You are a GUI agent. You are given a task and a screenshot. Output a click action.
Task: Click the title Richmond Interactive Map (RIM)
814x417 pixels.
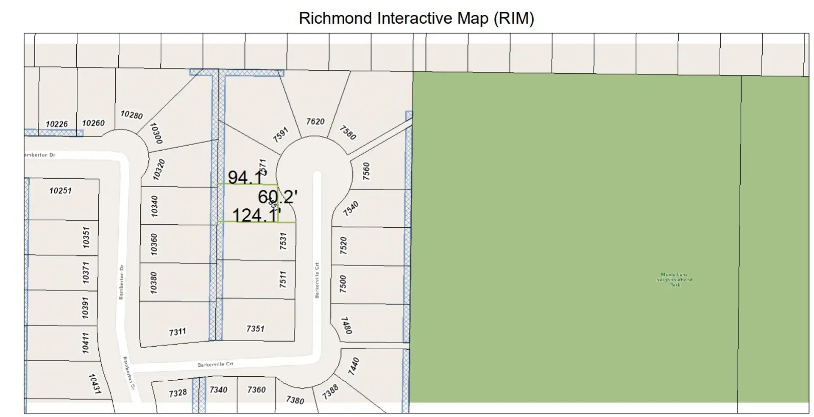click(416, 18)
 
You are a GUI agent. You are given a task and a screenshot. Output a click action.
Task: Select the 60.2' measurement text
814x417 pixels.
click(278, 197)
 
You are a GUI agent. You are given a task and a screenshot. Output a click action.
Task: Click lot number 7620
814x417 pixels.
click(315, 122)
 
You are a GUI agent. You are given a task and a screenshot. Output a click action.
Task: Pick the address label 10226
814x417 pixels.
click(57, 124)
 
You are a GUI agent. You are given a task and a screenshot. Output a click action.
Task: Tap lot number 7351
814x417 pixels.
click(255, 329)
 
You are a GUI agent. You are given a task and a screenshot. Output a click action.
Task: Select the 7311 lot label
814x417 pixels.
click(178, 332)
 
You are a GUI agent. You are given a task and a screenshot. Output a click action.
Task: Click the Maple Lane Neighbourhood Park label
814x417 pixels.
click(675, 280)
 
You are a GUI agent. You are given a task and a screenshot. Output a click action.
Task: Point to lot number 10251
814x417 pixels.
click(61, 191)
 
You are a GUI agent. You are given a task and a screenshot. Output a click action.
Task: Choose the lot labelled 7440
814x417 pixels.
click(354, 366)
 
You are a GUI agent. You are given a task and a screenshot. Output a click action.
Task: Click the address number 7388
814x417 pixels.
click(330, 392)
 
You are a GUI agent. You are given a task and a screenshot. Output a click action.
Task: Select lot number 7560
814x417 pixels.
click(366, 171)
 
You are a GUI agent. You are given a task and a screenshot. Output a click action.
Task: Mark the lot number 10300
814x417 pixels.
click(156, 133)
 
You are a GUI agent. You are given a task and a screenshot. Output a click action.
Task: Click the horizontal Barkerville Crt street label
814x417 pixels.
click(215, 364)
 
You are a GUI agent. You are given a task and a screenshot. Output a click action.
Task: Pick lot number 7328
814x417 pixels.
click(178, 393)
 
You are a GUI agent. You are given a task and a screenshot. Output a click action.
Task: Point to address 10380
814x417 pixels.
click(153, 282)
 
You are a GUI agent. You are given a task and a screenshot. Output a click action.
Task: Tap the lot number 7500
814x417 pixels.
click(343, 284)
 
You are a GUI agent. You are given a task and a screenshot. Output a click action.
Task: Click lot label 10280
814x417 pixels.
click(131, 115)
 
